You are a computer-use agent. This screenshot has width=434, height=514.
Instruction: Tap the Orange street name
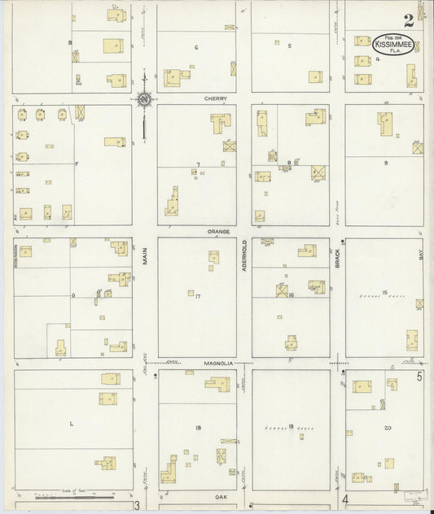(217, 231)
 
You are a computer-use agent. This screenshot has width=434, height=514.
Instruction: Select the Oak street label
(220, 495)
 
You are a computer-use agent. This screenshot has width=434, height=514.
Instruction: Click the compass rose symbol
(144, 101)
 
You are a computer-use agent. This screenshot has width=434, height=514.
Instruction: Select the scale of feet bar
(75, 494)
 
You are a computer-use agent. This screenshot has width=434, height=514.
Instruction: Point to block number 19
(290, 425)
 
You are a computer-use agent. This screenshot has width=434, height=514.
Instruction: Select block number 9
(386, 163)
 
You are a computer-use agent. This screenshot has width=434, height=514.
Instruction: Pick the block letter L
(71, 425)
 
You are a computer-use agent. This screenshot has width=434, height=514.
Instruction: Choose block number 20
(388, 428)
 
